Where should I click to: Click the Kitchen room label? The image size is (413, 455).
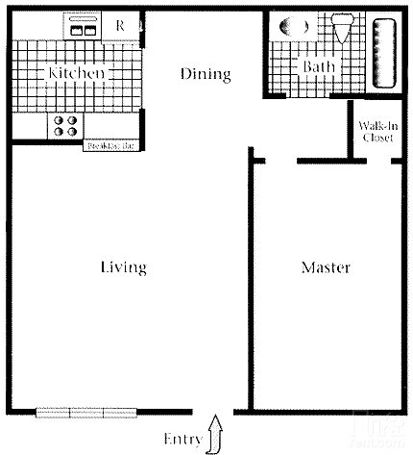77,73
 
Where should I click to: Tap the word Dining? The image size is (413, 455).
206,73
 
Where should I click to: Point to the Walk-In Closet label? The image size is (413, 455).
377,132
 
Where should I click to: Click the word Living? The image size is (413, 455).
123,266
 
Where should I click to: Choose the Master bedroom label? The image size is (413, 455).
325,266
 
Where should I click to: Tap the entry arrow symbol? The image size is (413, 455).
215,432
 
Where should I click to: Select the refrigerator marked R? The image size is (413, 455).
121,26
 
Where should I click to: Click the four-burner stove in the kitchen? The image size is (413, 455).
65,126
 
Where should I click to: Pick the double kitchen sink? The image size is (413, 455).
83,30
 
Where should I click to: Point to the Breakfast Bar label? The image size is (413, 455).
111,147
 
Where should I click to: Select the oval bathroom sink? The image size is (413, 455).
289,29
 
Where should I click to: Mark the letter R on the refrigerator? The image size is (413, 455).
121,26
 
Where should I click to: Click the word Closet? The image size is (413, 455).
377,138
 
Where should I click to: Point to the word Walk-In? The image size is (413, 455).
377,126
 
